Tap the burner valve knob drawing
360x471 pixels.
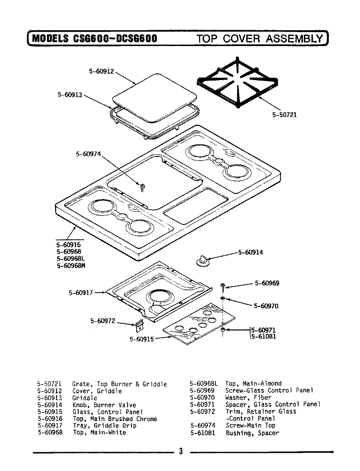[203, 260]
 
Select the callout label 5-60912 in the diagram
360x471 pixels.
[101, 71]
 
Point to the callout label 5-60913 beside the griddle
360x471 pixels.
[70, 94]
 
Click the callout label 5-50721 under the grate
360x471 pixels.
[284, 115]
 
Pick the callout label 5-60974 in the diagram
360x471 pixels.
[88, 154]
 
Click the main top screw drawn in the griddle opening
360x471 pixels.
[143, 187]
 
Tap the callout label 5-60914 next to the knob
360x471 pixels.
[251, 252]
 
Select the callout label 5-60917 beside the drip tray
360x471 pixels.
[81, 293]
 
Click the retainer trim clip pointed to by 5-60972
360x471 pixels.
[139, 326]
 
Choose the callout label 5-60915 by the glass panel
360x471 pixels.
[142, 339]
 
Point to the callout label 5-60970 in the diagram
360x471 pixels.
[266, 306]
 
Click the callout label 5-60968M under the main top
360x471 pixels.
[71, 266]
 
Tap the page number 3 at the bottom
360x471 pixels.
[180, 451]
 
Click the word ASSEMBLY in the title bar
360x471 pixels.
[295, 38]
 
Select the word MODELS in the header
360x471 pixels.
[50, 38]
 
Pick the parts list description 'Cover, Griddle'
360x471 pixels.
[97, 391]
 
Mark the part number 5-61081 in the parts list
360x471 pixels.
[203, 433]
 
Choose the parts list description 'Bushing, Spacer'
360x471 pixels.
[252, 433]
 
